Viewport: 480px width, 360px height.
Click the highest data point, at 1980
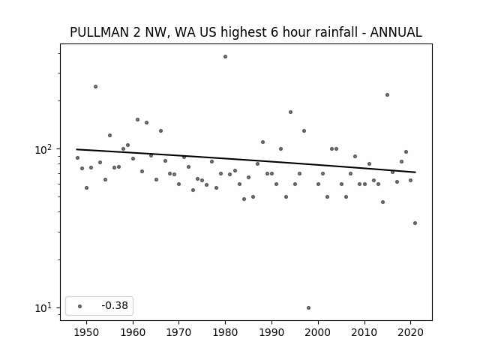(x=225, y=57)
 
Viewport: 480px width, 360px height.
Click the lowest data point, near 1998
(x=308, y=308)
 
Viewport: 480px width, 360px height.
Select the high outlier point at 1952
(x=95, y=87)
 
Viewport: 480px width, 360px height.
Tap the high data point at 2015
(x=387, y=95)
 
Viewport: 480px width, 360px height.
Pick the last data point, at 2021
(x=415, y=223)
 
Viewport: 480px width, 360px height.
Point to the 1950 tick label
(x=87, y=332)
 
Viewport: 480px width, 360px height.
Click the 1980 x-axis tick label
(x=225, y=332)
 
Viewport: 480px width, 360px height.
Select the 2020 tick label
(x=410, y=332)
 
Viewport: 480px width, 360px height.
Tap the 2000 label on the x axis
(x=318, y=332)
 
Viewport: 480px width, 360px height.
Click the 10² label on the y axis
(x=43, y=150)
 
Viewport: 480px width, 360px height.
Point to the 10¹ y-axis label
(x=43, y=308)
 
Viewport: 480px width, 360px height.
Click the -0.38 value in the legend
(x=115, y=305)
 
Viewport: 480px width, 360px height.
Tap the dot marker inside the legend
(x=80, y=306)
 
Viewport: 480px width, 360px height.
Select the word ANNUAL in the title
(x=396, y=32)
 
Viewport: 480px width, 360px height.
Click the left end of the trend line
(x=76, y=149)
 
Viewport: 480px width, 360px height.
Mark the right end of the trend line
(x=415, y=172)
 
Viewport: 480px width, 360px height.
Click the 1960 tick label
(x=133, y=332)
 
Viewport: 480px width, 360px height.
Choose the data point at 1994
(x=290, y=112)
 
